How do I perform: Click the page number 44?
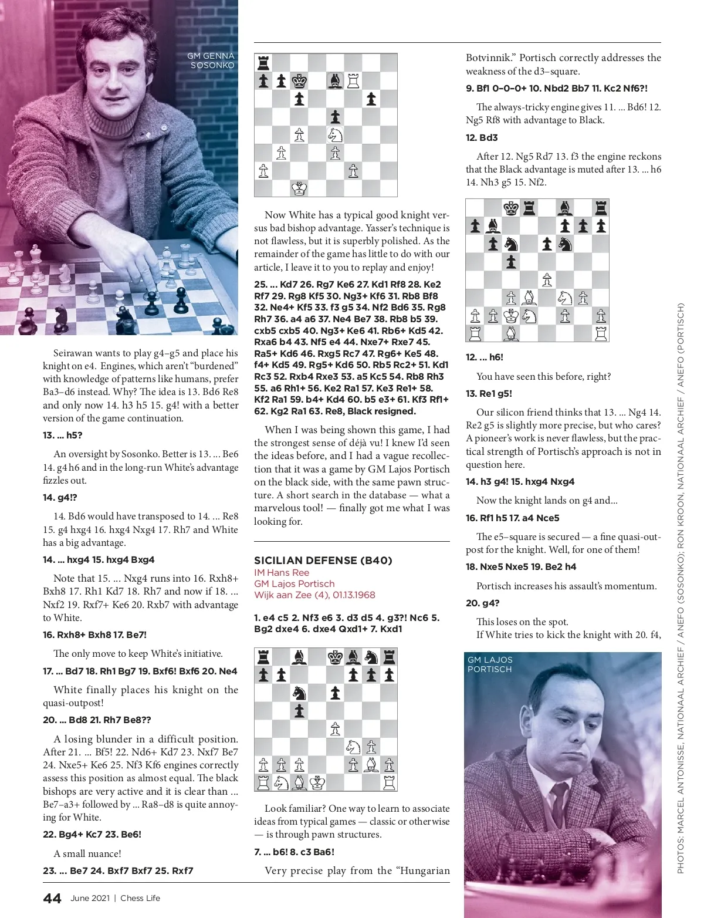[52, 898]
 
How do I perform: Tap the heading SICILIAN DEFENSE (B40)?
[323, 560]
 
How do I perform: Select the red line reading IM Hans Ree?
[282, 572]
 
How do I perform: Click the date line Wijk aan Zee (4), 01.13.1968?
[314, 595]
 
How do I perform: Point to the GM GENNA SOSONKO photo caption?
[211, 60]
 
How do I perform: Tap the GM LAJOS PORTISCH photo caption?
[490, 664]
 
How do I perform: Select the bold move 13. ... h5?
[63, 435]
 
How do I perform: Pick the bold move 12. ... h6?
[485, 357]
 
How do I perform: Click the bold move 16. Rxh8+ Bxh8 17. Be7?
[95, 635]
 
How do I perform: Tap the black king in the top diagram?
[299, 80]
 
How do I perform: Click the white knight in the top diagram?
[335, 134]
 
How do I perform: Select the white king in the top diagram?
[299, 188]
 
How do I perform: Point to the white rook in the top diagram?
[353, 80]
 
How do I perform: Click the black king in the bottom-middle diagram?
[335, 656]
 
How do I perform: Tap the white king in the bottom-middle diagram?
[317, 782]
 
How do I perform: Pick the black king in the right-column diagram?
[511, 208]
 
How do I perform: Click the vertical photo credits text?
[681, 587]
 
